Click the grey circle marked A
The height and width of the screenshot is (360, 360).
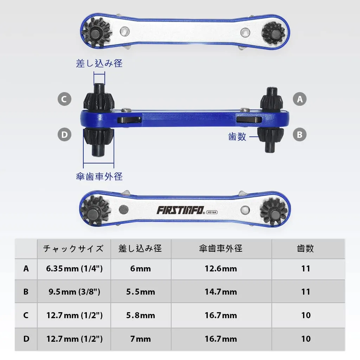[300, 99]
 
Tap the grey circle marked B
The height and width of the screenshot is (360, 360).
[300, 135]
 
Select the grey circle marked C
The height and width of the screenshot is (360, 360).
[64, 99]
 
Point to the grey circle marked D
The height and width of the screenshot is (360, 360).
[64, 135]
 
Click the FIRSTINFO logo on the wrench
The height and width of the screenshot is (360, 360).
[180, 210]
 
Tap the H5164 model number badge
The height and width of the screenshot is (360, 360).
[212, 212]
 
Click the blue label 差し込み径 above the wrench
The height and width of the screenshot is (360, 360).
[99, 63]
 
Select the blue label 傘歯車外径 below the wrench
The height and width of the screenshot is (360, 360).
[99, 176]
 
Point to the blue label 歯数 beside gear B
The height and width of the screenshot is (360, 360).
[237, 137]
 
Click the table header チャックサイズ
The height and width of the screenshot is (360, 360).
[73, 249]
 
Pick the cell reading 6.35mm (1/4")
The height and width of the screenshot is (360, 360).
[74, 268]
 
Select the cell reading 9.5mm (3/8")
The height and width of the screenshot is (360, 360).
[74, 291]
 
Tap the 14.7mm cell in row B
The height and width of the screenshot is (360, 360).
[221, 292]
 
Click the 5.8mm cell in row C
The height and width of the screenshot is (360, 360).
[141, 315]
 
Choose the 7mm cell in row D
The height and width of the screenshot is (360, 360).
[141, 339]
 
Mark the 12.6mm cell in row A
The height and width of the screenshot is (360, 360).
[221, 269]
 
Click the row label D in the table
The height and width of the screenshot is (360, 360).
[26, 339]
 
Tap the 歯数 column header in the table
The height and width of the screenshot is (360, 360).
[306, 249]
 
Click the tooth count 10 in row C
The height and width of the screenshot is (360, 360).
[306, 315]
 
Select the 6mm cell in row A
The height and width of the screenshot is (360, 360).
[141, 269]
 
